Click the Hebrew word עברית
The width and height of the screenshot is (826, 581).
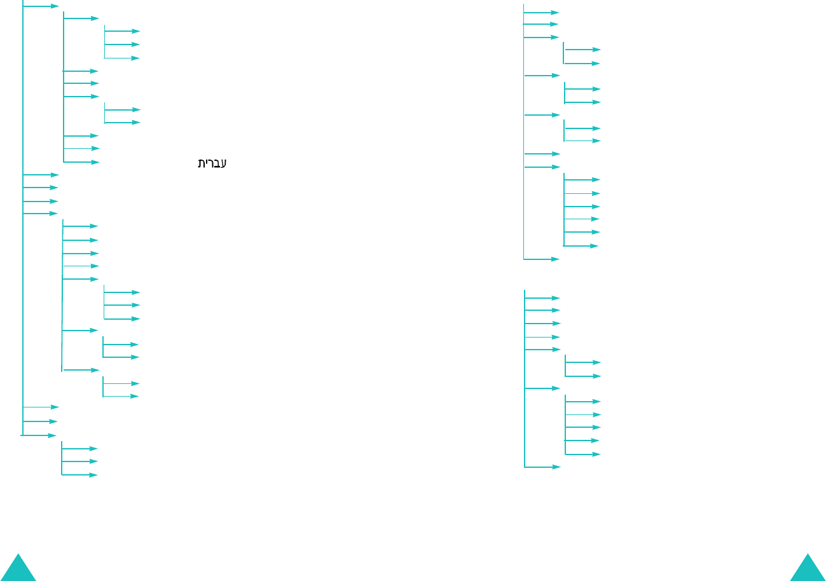[212, 163]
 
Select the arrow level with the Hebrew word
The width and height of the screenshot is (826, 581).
[81, 162]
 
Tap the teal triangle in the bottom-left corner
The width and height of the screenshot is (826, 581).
[18, 569]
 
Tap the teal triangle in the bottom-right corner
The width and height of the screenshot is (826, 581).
[808, 569]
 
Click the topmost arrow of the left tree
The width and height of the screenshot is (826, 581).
[41, 6]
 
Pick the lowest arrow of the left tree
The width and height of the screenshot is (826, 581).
[79, 475]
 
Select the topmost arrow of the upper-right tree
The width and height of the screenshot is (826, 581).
[541, 12]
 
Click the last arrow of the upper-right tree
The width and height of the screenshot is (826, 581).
[541, 259]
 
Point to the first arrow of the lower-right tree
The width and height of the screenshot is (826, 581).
[542, 297]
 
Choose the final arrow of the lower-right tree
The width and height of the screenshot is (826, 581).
[542, 467]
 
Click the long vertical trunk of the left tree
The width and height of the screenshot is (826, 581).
[23, 254]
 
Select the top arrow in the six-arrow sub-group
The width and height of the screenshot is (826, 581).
[582, 180]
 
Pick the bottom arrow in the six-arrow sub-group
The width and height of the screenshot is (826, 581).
[581, 246]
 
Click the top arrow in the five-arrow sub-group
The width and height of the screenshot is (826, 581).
[583, 402]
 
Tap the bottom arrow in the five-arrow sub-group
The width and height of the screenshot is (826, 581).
[583, 455]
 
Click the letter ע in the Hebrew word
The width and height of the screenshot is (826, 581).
[223, 163]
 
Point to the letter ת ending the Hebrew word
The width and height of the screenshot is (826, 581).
[202, 163]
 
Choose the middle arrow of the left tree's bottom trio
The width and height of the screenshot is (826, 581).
[79, 461]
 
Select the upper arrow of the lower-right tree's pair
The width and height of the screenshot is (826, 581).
[583, 362]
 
